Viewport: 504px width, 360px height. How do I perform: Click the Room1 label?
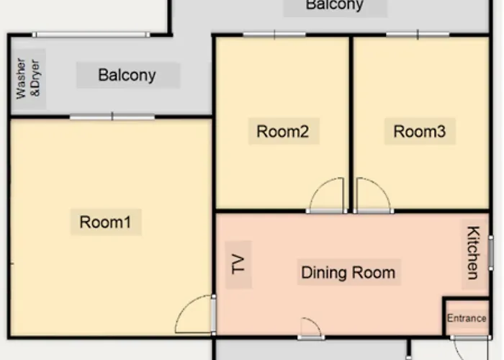(105, 222)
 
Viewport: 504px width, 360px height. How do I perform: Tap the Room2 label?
(283, 132)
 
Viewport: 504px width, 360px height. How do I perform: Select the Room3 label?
(420, 132)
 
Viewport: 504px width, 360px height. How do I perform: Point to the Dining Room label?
(348, 273)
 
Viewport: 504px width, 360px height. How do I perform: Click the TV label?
(238, 264)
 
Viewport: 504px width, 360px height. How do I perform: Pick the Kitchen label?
(473, 253)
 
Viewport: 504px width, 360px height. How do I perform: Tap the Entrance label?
(467, 318)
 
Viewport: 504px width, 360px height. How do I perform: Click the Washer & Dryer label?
(28, 78)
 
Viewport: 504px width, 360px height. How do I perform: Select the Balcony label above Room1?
(127, 75)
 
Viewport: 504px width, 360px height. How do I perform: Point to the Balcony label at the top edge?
(335, 5)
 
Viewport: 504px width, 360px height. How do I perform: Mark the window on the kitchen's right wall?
(491, 253)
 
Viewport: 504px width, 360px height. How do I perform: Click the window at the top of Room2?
(274, 35)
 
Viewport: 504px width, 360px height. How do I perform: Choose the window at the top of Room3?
(418, 35)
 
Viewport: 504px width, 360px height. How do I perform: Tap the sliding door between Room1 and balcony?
(112, 117)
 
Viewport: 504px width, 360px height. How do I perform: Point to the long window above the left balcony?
(91, 35)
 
